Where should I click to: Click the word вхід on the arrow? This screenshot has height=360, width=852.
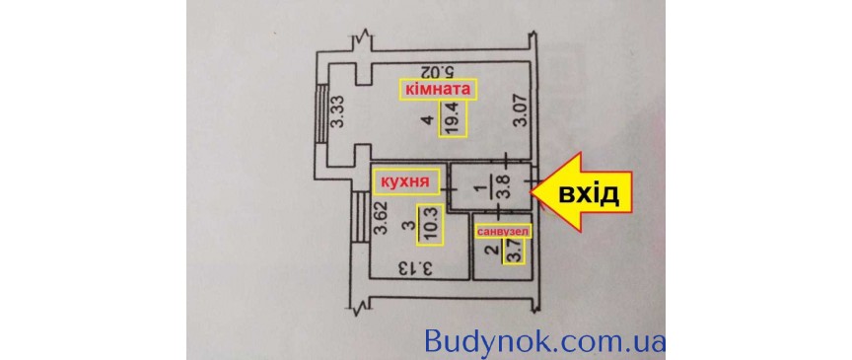[589, 193]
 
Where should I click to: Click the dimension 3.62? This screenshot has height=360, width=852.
[380, 222]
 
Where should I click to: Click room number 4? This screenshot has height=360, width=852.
[427, 120]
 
